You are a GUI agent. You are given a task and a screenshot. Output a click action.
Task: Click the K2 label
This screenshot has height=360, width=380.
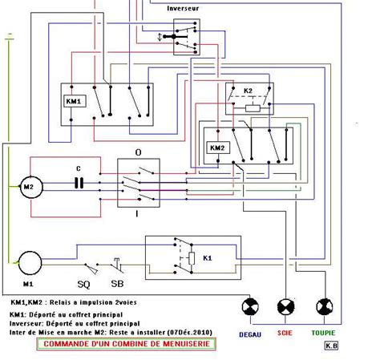[x=248, y=90]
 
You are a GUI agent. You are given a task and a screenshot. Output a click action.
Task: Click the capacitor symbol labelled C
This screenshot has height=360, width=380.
[x=79, y=182]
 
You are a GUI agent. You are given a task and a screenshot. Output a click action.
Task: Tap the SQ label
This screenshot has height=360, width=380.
[x=83, y=285]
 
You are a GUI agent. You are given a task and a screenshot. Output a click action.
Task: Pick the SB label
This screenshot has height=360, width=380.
[x=117, y=285]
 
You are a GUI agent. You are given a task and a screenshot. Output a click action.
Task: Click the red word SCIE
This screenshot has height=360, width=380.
[x=285, y=332]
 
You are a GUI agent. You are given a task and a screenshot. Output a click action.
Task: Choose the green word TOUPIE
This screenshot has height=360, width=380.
[x=324, y=332]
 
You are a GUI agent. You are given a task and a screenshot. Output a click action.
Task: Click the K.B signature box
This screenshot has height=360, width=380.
[x=330, y=346]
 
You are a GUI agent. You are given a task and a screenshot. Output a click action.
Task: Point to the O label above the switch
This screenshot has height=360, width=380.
[x=138, y=152]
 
